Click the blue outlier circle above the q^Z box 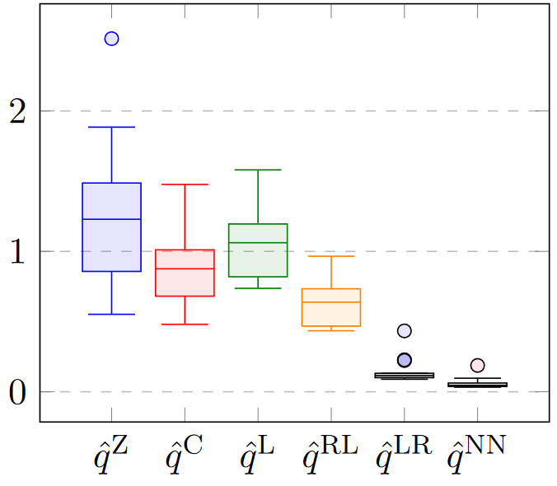click(x=112, y=39)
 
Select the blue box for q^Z click(x=112, y=227)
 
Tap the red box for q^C click(x=185, y=273)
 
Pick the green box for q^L click(x=258, y=250)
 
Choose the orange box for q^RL click(x=331, y=307)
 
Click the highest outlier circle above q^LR click(x=405, y=331)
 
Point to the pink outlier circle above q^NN click(x=477, y=365)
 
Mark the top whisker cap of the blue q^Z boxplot click(x=112, y=127)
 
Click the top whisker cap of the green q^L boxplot click(x=258, y=170)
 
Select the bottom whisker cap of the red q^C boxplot click(x=185, y=324)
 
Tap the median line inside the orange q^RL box click(x=331, y=302)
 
